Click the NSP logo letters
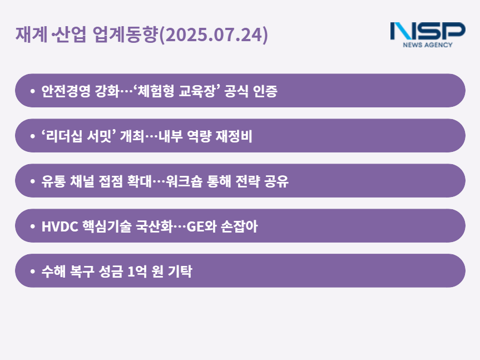(428, 31)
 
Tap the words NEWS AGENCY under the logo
(428, 45)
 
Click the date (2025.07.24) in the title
(214, 34)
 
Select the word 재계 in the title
(31, 34)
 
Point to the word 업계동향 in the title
(125, 34)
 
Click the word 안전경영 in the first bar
(66, 91)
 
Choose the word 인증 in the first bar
(265, 91)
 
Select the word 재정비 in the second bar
(234, 136)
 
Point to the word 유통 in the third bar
(53, 181)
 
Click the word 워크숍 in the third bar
(184, 181)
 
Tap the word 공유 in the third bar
(276, 181)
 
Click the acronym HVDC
(60, 226)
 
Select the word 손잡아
(239, 226)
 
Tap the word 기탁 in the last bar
(180, 271)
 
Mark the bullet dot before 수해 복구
(32, 271)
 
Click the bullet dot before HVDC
(32, 226)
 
